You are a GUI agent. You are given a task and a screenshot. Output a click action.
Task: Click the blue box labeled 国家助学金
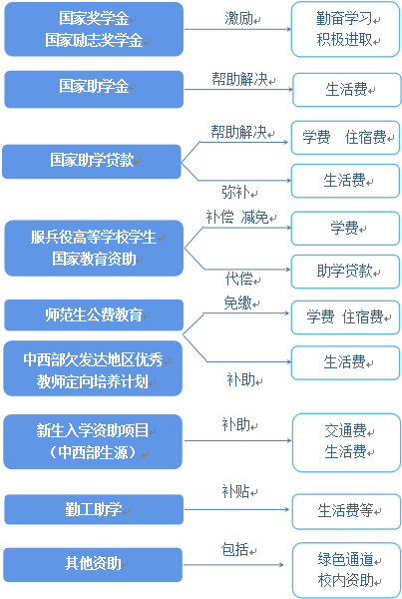click(94, 88)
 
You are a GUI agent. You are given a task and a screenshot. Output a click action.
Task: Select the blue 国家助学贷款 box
click(91, 160)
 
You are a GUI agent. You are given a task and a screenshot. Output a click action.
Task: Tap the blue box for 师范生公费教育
click(94, 315)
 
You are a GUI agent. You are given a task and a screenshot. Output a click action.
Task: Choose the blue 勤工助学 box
click(94, 510)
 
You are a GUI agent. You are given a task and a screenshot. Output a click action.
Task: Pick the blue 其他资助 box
click(94, 564)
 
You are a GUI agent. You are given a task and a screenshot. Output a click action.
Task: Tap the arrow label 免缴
click(236, 301)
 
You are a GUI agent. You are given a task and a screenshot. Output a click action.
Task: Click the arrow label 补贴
click(235, 492)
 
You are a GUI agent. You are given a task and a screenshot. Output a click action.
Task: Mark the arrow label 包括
click(235, 549)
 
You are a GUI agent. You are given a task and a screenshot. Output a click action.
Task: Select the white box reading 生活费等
click(345, 511)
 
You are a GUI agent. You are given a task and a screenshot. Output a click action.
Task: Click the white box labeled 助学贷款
click(345, 271)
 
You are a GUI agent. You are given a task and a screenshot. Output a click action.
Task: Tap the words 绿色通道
click(345, 559)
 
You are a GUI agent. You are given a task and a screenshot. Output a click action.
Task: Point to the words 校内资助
click(345, 580)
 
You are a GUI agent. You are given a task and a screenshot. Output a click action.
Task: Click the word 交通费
click(345, 431)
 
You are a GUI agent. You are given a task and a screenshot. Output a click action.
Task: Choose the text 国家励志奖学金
click(94, 41)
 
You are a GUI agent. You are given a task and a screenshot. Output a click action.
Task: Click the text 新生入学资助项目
click(93, 431)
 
